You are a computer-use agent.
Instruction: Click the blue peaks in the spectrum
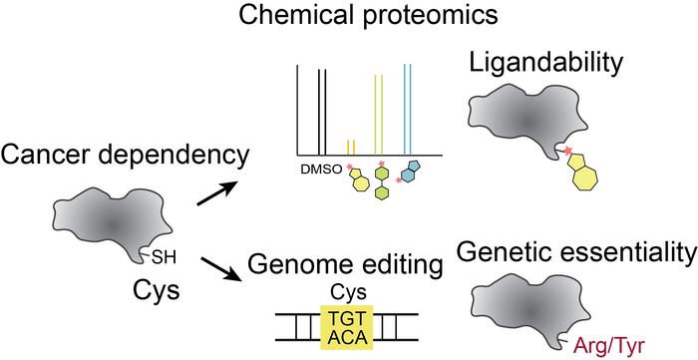coord(408,108)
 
